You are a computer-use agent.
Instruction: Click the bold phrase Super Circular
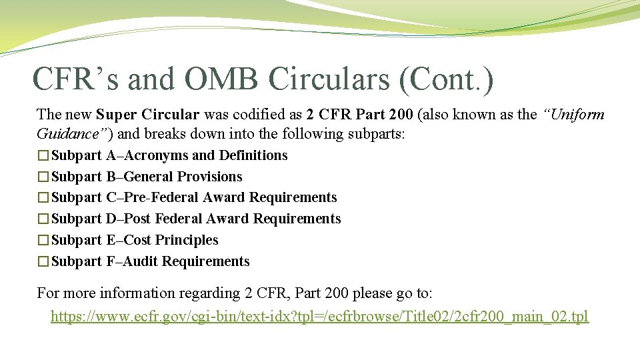pyautogui.click(x=147, y=115)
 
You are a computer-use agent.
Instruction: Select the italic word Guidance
pyautogui.click(x=67, y=134)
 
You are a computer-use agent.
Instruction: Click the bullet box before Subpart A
pyautogui.click(x=43, y=156)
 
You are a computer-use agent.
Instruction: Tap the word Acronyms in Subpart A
pyautogui.click(x=155, y=155)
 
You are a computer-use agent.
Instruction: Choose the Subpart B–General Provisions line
pyautogui.click(x=147, y=177)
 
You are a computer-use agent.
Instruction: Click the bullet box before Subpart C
pyautogui.click(x=43, y=198)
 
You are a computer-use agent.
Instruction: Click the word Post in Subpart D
pyautogui.click(x=137, y=219)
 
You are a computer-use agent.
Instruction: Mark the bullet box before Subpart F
pyautogui.click(x=43, y=262)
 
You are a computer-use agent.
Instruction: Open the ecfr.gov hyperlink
pyautogui.click(x=319, y=316)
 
